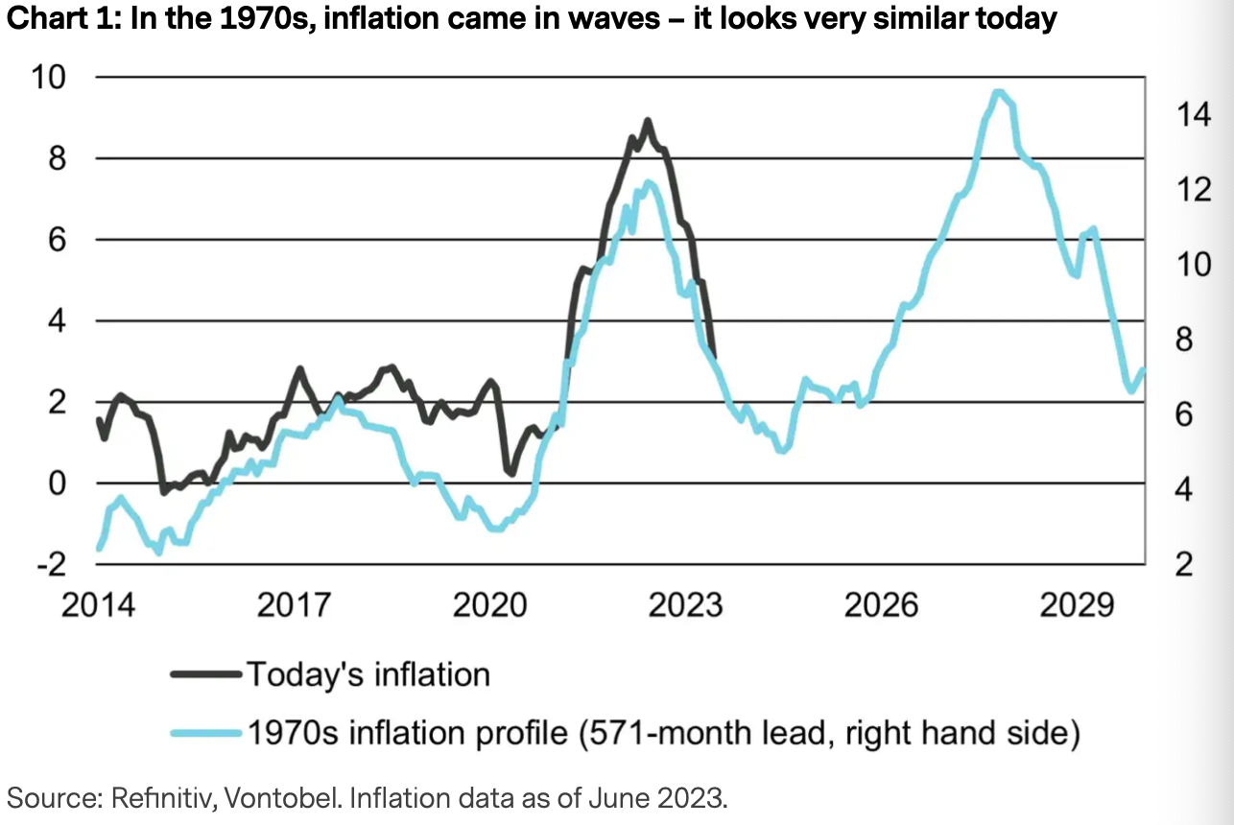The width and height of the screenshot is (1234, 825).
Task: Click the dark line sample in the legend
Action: click(205, 674)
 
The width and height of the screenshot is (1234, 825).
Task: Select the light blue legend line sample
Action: click(205, 734)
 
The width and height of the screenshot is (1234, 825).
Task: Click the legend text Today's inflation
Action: click(369, 674)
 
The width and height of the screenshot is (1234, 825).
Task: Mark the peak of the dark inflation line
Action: click(648, 121)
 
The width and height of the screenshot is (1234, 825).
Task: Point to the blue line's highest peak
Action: click(998, 92)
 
